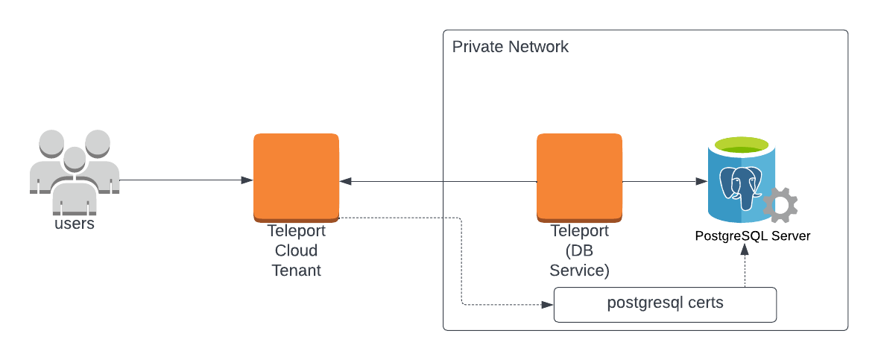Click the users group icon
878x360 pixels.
point(74,168)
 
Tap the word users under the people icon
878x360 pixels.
point(75,223)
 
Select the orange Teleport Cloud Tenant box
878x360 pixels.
point(296,176)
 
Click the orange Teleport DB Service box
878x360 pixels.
point(579,176)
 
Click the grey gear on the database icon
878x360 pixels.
point(781,205)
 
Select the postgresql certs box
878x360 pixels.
point(665,304)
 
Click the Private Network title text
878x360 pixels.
point(511,47)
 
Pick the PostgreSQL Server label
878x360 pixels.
point(752,236)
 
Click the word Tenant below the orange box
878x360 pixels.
point(296,270)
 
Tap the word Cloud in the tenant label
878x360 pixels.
point(296,250)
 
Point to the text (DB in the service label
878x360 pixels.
point(579,250)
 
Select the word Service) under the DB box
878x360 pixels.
point(579,270)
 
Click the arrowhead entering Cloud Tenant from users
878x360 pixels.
point(247,180)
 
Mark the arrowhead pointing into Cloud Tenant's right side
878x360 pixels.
point(346,181)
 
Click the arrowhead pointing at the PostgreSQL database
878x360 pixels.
point(701,181)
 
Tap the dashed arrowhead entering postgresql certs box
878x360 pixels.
point(548,304)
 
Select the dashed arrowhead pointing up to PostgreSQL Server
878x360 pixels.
point(744,252)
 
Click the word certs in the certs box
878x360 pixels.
point(704,303)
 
